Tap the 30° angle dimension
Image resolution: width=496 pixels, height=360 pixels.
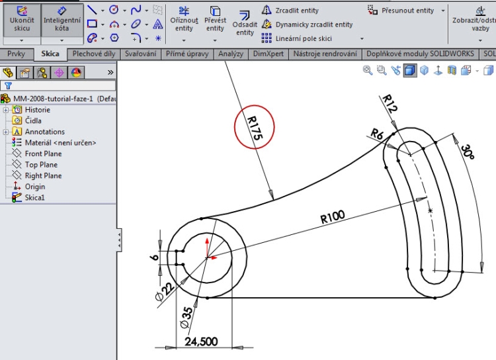tap(468, 152)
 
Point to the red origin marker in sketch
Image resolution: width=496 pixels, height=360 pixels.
tap(208, 256)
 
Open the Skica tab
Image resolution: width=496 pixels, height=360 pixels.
tap(50, 54)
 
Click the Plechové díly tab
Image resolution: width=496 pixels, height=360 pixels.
tap(94, 54)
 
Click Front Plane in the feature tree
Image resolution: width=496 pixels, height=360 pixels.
tap(43, 154)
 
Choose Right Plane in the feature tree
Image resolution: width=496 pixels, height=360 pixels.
tap(43, 175)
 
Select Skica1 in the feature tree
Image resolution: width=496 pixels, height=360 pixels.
tap(35, 197)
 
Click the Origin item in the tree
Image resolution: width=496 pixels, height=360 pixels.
tap(35, 187)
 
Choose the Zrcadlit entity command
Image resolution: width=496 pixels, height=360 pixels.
tap(296, 11)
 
